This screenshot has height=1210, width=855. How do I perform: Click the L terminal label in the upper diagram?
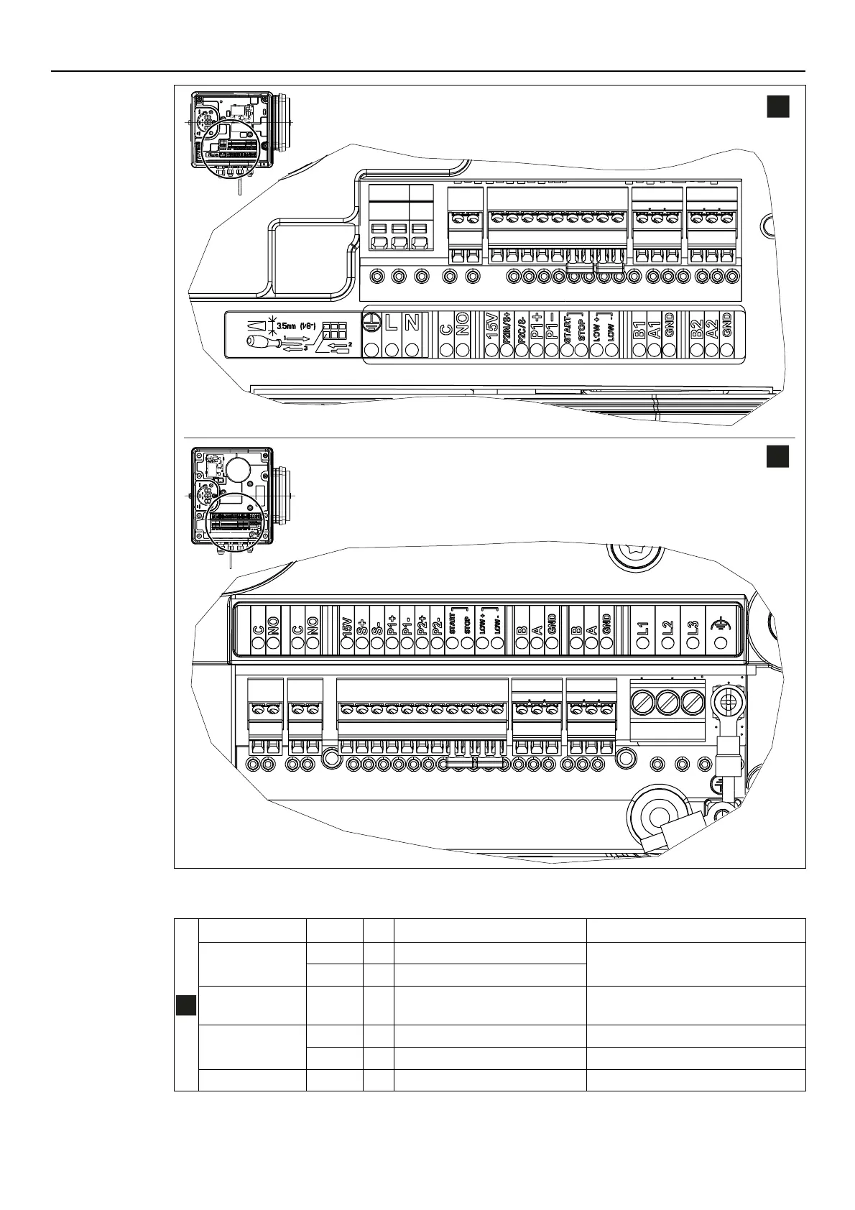392,323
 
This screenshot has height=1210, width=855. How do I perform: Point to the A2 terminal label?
711,328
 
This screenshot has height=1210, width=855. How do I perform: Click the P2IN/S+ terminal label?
507,327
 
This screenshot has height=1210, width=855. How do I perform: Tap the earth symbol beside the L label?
371,323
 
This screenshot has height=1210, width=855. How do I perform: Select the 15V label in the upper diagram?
492,325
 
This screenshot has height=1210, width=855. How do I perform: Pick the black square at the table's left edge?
186,1005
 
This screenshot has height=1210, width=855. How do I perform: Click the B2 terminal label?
695,328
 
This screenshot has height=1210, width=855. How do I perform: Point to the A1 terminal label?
655,328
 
